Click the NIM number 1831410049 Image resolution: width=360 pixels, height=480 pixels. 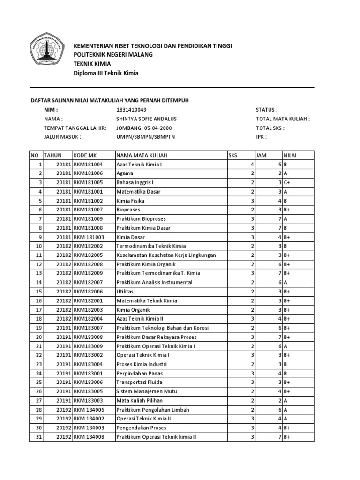(x=135, y=110)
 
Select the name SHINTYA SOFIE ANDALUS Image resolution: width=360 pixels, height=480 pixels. (x=146, y=119)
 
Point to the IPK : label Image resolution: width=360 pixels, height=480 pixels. (x=261, y=137)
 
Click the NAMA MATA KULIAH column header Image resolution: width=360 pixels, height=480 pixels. (x=142, y=155)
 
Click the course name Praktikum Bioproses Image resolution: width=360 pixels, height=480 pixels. (x=141, y=219)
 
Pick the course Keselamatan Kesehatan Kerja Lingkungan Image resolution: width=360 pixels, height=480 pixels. (x=165, y=255)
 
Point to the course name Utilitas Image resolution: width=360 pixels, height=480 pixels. (x=125, y=292)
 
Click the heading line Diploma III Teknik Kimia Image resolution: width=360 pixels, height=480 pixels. (x=106, y=73)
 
